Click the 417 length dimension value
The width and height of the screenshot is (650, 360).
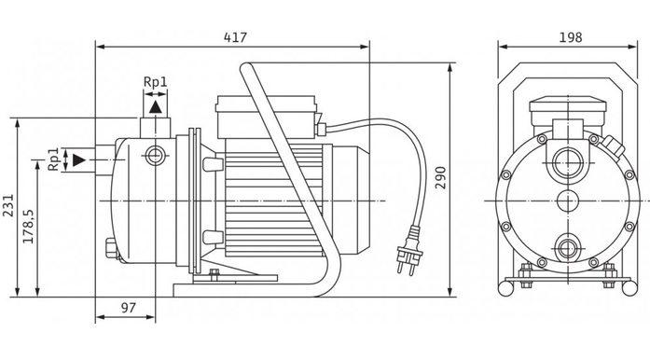point(235,37)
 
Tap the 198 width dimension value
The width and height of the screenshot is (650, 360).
point(571,37)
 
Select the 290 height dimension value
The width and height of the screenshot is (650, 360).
point(440,177)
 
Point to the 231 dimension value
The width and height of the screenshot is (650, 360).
point(7,205)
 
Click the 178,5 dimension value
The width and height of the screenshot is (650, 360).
point(28,227)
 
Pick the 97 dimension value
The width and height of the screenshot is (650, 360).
point(129,308)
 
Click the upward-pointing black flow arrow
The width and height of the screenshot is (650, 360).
point(156,107)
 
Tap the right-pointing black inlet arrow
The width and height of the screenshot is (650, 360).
point(79,159)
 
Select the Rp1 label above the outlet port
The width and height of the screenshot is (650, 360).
point(156,82)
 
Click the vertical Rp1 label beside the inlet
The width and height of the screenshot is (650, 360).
point(53,159)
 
